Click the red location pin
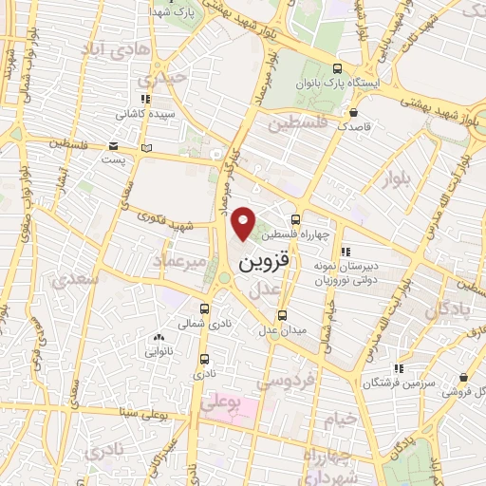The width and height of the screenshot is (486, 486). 245,223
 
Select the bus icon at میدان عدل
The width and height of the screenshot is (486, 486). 281,315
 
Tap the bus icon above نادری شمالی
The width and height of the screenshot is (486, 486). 205,308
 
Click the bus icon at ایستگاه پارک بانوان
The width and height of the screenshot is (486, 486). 338,68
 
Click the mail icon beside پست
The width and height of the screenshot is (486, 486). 113,147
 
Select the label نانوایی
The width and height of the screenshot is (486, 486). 158,350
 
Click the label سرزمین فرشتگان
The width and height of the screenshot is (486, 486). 400,382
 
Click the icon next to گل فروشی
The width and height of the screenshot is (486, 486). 454,390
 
